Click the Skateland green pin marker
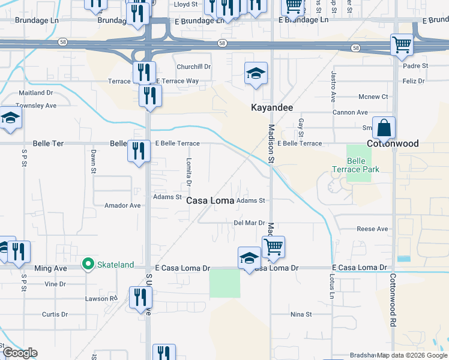88,263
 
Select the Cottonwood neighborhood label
393,144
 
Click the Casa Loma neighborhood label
209,200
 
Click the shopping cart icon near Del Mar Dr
273,247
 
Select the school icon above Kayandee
256,74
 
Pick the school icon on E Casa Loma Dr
249,259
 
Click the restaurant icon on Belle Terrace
139,151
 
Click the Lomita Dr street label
188,171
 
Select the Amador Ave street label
122,205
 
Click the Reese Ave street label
372,229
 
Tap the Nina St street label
301,314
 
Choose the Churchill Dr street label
192,67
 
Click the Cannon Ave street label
350,112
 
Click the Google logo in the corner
19,353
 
